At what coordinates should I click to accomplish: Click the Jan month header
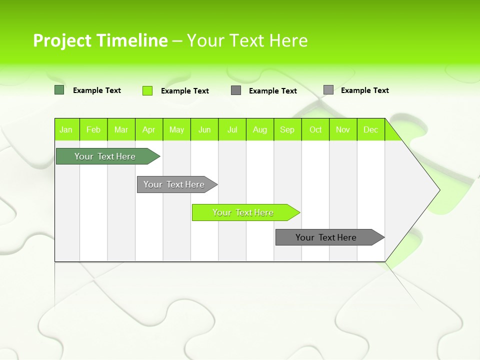(66, 129)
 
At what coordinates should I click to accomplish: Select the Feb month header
(93, 129)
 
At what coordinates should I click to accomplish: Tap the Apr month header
(149, 129)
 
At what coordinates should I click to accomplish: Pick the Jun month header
(204, 129)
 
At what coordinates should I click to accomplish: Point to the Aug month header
(260, 129)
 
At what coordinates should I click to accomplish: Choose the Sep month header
(287, 129)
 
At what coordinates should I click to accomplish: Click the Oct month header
(315, 129)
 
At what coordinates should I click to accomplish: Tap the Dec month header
(371, 129)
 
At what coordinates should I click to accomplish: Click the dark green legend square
(59, 90)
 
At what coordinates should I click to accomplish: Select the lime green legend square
(147, 90)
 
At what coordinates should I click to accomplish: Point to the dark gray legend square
(236, 90)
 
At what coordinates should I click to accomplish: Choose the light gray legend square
(328, 90)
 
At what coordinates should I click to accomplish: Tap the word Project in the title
(61, 40)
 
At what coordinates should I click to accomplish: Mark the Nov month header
(343, 129)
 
